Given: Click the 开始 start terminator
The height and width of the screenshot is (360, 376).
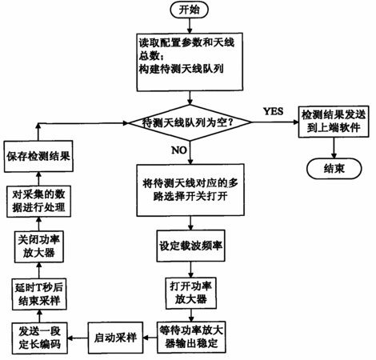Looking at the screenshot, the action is point(190,10).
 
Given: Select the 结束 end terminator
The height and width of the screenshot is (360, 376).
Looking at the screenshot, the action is point(334,169).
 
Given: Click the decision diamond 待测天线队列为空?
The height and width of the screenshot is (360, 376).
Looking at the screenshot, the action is point(190,122).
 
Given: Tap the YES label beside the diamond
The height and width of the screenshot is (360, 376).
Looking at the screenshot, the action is point(273,111).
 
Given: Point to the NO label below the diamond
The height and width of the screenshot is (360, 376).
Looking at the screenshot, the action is point(179,150).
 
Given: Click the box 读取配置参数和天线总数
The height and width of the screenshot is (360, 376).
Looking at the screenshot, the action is point(190,62).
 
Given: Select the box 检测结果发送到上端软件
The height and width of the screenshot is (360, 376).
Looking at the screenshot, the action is point(334,122).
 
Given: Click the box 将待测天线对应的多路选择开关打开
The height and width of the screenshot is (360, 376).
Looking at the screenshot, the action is point(190,190).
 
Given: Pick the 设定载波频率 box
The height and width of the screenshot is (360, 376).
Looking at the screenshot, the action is point(190,246).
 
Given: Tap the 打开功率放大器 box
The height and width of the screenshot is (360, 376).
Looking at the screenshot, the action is point(190,293).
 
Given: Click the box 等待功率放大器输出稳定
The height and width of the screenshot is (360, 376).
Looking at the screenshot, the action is point(191,337).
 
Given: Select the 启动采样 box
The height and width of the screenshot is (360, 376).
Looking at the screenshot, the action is point(115,338).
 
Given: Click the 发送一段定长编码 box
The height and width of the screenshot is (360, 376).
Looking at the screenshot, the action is point(40,338).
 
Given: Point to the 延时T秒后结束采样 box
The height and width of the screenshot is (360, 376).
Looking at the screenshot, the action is point(39,294).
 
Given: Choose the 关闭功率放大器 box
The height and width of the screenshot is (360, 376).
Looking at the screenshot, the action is point(39,246).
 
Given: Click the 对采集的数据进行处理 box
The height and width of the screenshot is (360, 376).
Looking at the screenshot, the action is point(38,202).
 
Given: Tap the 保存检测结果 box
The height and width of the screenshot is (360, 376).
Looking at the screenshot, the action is point(38,156).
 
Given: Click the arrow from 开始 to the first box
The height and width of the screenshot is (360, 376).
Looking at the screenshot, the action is point(190,26).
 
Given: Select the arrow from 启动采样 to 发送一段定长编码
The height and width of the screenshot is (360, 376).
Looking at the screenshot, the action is point(78,338).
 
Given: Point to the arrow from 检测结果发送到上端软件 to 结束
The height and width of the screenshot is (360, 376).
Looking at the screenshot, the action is point(334,148).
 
